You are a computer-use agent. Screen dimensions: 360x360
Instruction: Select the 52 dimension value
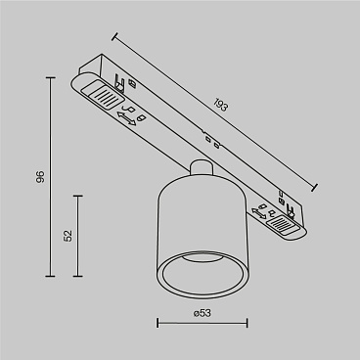point(66,236)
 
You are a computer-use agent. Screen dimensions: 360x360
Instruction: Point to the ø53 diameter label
point(203,312)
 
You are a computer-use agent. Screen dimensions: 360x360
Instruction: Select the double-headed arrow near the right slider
point(260,208)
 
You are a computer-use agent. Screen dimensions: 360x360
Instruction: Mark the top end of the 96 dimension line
point(51,76)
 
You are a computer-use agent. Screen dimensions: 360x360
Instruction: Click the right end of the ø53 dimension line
point(246,325)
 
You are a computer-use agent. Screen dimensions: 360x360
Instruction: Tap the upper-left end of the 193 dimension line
point(114,37)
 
